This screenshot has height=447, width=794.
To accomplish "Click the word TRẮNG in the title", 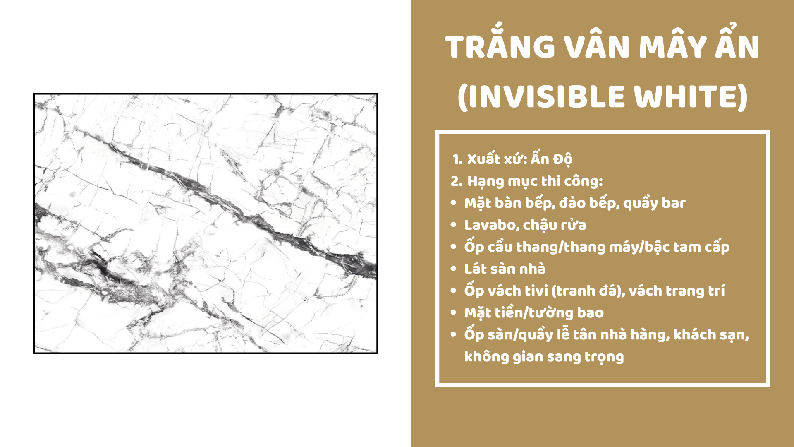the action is (x=500, y=44).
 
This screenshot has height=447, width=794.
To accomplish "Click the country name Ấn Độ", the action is (x=552, y=158).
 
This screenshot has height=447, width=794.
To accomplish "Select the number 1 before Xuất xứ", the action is (x=456, y=160).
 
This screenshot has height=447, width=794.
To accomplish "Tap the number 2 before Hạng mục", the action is (x=456, y=181).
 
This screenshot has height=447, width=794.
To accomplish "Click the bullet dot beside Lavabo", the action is (x=454, y=225).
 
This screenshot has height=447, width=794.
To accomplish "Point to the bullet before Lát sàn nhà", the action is (x=454, y=269).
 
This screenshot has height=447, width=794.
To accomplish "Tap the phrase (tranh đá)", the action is (x=588, y=291).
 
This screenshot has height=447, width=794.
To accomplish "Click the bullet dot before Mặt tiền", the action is (x=454, y=313).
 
